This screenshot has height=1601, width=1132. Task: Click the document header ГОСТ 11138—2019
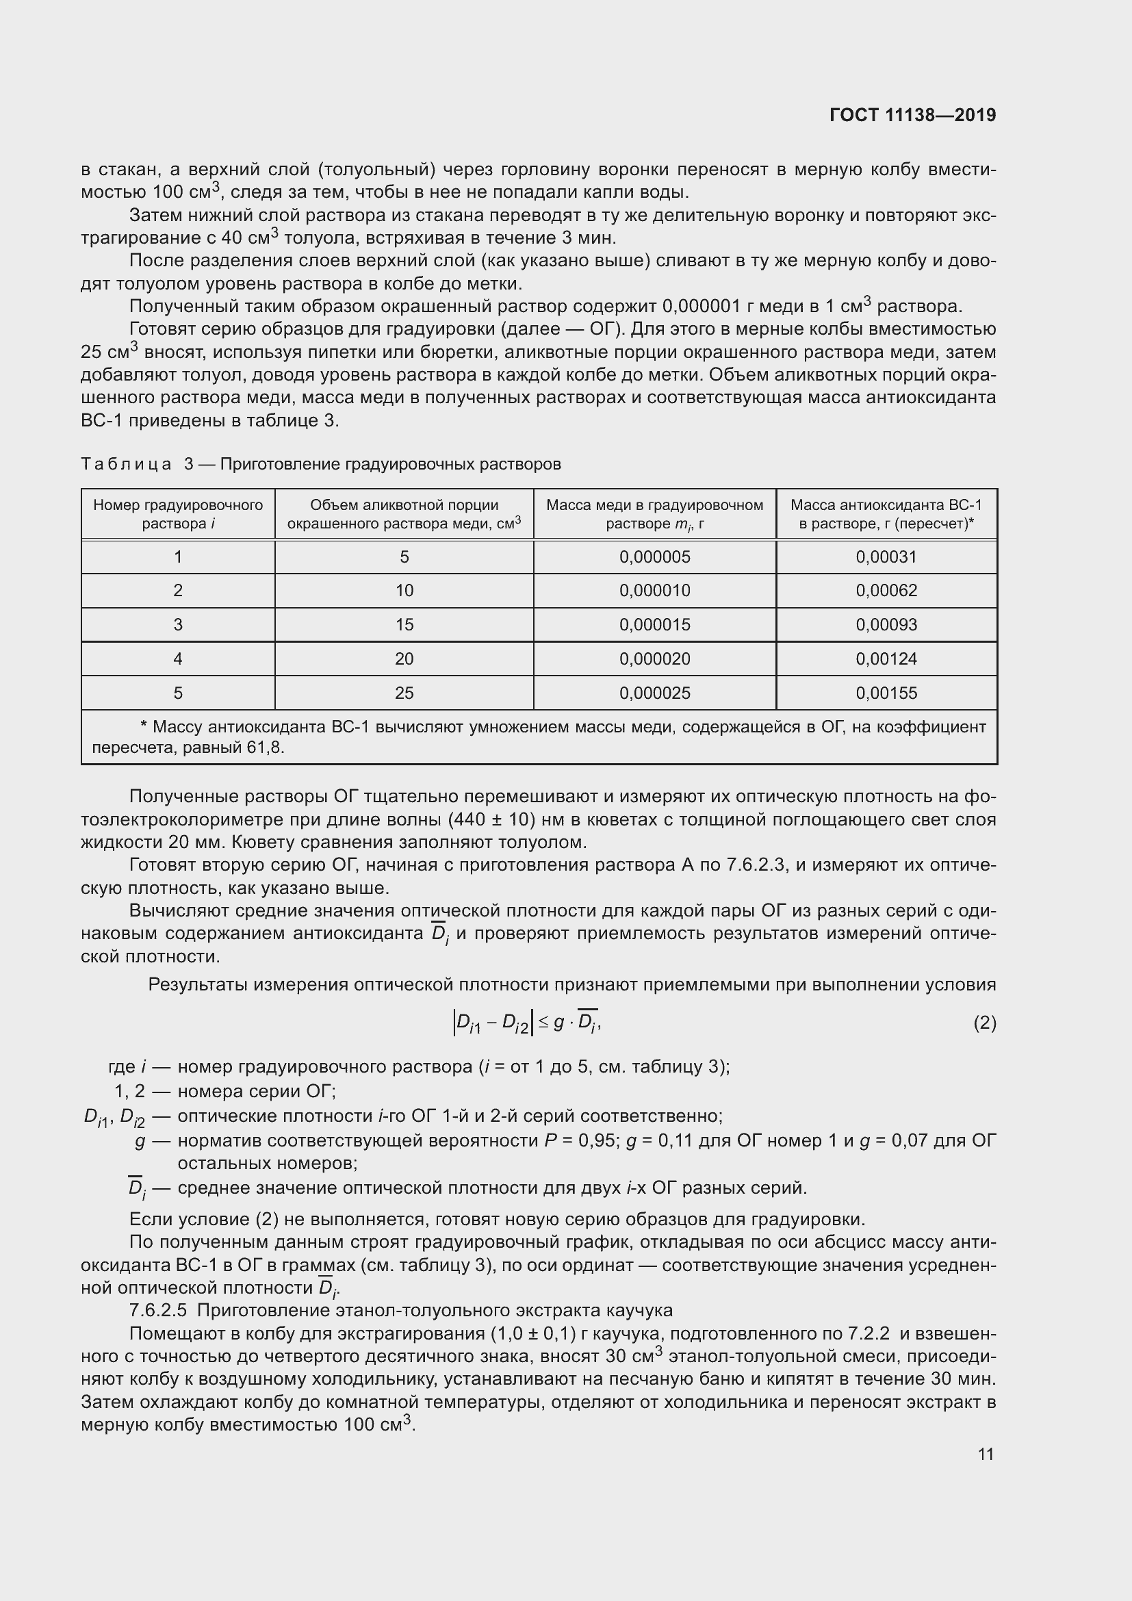tap(912, 115)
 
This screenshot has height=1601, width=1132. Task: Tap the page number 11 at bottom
tap(986, 1454)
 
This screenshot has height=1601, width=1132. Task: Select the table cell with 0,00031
tap(886, 556)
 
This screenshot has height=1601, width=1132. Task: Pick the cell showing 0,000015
tap(654, 625)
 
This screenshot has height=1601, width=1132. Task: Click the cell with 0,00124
tap(886, 659)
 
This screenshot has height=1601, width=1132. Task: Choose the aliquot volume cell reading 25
tap(404, 693)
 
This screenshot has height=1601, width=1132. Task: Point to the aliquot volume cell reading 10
tap(404, 591)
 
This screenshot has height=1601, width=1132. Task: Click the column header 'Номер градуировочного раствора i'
tap(178, 514)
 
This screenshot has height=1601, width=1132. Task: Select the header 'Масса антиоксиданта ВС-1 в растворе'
tap(886, 514)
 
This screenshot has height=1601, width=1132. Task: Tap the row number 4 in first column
tap(178, 659)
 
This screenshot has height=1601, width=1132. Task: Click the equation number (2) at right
tap(984, 1023)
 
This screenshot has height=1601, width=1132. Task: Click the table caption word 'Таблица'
tap(126, 464)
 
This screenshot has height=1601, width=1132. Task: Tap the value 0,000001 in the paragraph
tap(701, 306)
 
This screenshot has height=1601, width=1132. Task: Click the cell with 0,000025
tap(654, 693)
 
